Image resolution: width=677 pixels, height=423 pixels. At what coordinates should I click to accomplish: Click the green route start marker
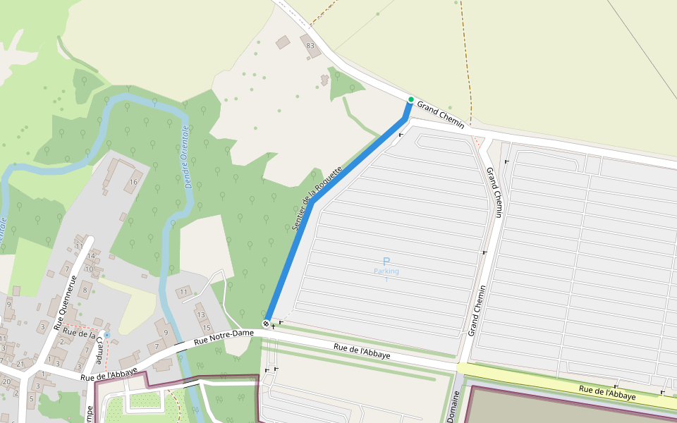coord(410,99)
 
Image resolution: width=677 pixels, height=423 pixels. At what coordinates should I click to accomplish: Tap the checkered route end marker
coord(266,324)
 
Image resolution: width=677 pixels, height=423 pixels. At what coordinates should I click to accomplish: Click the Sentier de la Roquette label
coord(317,199)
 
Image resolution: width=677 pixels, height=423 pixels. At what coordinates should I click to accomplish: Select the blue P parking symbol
coord(386,261)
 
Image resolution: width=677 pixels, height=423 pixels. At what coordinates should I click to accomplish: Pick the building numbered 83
coord(310,45)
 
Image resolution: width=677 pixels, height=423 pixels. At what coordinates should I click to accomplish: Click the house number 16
coord(132,182)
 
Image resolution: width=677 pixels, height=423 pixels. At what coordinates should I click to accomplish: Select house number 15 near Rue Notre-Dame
coord(207,328)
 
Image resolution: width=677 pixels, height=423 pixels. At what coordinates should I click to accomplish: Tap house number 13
coord(200,314)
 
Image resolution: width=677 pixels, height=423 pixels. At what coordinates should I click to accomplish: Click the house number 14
coord(79,259)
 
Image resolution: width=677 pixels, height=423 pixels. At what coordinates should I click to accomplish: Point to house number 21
coord(20,364)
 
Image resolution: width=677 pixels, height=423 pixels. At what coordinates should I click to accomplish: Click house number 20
coord(6,381)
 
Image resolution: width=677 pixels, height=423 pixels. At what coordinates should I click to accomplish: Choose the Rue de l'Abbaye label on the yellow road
coord(607,392)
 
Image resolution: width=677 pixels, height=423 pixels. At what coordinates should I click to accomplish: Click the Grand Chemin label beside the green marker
coord(441,114)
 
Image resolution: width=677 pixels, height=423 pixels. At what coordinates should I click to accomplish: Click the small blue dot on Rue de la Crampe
coord(106,334)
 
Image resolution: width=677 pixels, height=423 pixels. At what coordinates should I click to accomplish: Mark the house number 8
coord(85,289)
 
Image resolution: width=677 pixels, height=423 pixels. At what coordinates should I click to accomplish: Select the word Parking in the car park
coord(386,271)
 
